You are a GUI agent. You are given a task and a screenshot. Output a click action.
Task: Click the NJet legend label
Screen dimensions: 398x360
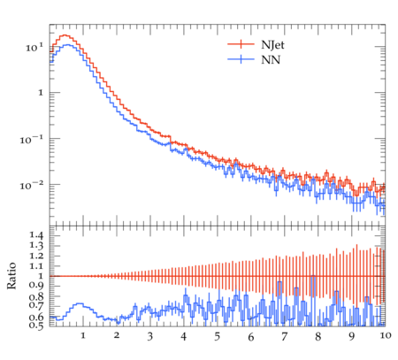[x=272, y=45]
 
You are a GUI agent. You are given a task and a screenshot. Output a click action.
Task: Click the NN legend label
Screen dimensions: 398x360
[x=271, y=60]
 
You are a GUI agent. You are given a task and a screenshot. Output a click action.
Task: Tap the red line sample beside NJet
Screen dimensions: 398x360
[x=241, y=44]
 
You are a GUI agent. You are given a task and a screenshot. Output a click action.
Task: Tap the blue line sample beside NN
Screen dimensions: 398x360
[x=241, y=59]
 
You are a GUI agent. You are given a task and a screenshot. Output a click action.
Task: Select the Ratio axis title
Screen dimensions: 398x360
[x=11, y=275]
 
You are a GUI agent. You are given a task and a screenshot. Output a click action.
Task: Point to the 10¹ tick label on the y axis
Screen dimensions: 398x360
[x=34, y=47]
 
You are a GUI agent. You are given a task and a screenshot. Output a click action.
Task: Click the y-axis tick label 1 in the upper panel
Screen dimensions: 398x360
[x=41, y=93]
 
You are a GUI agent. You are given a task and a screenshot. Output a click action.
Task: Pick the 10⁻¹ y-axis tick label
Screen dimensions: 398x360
[x=31, y=139]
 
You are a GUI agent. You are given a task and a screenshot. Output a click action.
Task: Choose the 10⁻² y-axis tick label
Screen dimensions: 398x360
[x=31, y=186]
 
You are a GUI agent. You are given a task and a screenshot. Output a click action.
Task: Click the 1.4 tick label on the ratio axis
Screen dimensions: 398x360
[x=36, y=235]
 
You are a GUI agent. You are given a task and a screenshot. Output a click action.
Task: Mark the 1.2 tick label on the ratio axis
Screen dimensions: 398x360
[x=36, y=256]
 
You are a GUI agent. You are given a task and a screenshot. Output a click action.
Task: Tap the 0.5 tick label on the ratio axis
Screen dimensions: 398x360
[x=36, y=326]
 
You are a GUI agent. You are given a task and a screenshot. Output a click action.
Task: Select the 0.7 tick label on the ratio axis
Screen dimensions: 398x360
[x=36, y=304]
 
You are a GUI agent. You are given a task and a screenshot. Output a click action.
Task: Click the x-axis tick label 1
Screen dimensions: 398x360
[x=83, y=335]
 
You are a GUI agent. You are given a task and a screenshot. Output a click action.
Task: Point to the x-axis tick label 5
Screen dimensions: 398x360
[x=218, y=336]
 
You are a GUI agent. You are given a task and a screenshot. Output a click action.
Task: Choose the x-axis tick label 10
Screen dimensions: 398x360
[x=386, y=335]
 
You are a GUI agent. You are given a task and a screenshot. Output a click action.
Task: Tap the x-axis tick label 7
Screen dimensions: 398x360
[x=284, y=336]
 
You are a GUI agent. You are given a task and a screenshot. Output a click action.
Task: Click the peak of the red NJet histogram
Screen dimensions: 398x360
[x=65, y=35]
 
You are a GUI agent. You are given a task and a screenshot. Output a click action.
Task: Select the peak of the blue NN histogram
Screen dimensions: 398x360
[x=67, y=45]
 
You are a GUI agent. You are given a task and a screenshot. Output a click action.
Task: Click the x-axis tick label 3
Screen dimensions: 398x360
[x=150, y=336]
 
